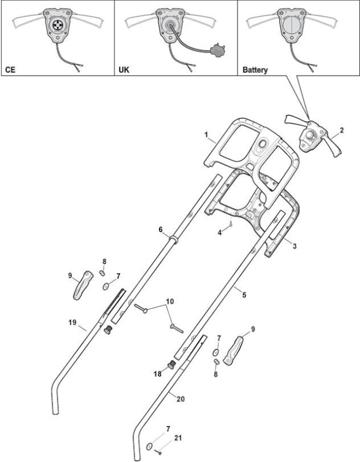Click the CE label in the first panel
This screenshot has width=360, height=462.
10,70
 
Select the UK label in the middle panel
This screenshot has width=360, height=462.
124,70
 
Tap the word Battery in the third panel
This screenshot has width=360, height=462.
255,70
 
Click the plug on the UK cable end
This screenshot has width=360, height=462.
217,50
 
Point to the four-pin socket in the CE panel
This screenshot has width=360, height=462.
56,25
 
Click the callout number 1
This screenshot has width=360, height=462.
206,135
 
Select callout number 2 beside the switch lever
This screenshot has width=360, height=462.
342,130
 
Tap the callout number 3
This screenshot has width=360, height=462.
295,246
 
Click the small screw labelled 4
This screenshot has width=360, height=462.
231,224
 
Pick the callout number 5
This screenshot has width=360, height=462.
244,295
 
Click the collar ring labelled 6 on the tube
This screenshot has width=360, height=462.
173,239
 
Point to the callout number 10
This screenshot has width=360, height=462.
170,301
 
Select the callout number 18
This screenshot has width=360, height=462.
157,374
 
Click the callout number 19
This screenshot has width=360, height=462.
72,322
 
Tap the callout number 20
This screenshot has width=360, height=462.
180,399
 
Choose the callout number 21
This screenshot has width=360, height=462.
178,438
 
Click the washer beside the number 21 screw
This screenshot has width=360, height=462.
149,446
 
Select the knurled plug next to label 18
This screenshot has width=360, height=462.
171,365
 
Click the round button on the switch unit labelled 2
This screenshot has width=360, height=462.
309,135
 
